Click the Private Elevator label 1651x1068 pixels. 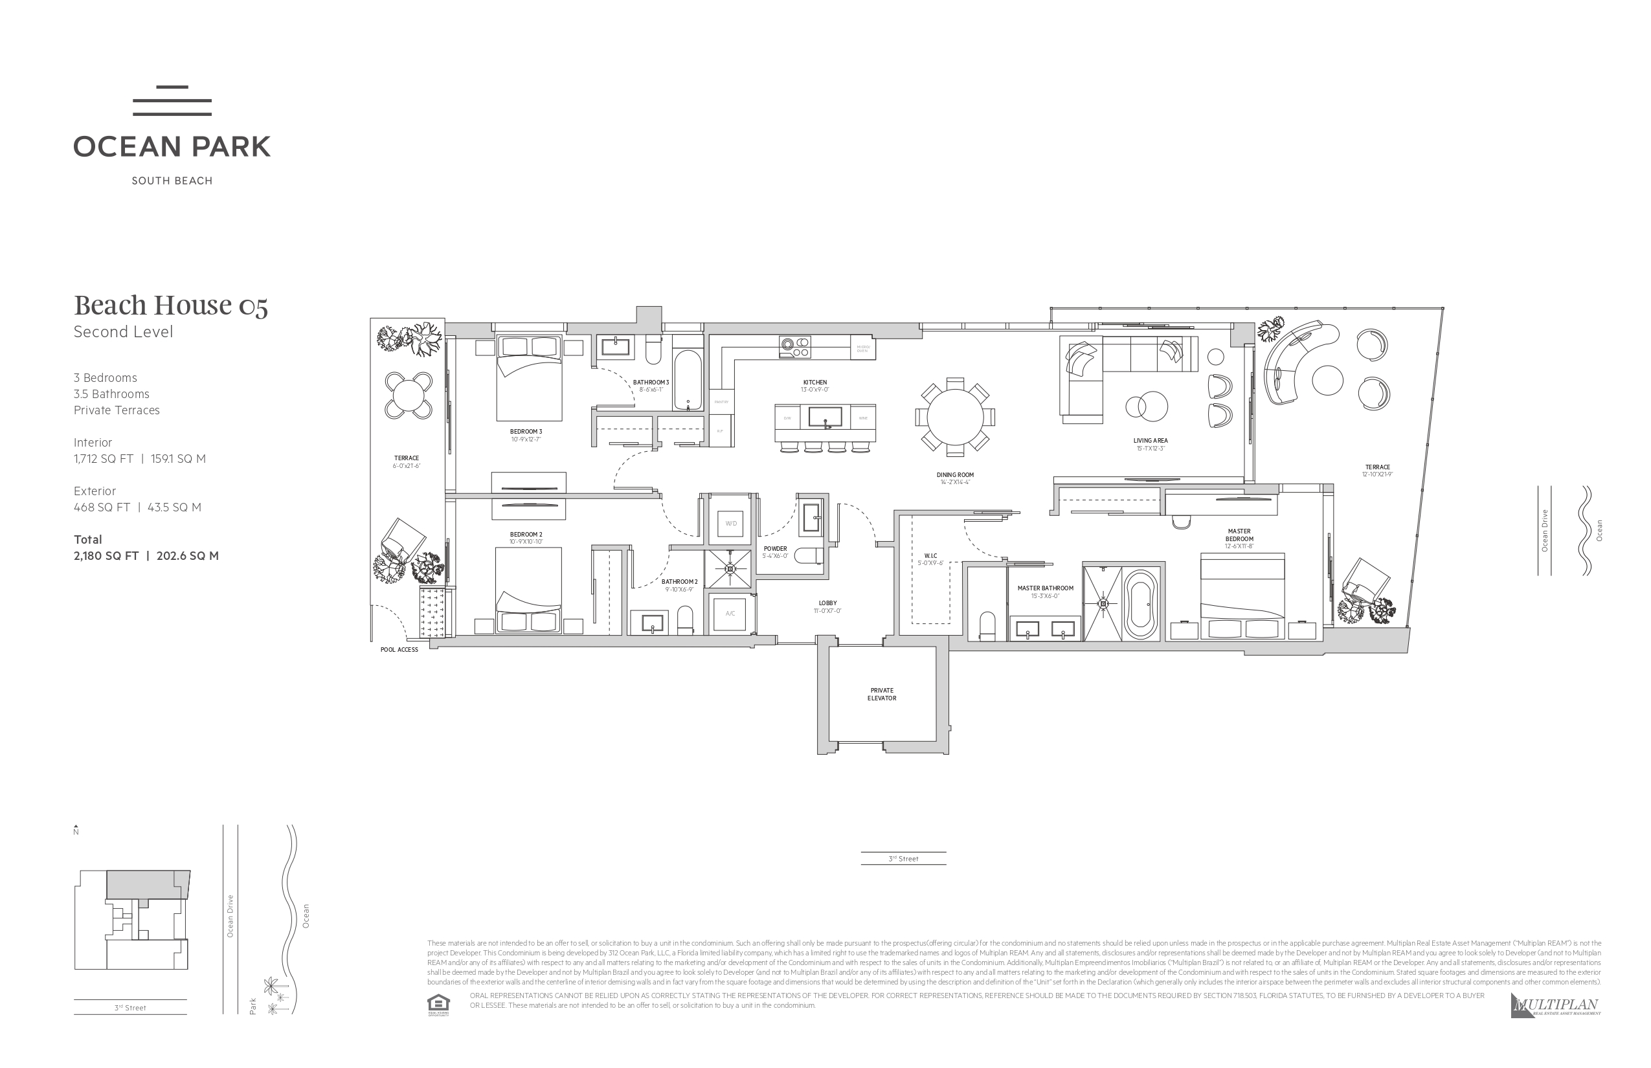click(x=882, y=694)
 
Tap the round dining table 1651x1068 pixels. click(x=954, y=417)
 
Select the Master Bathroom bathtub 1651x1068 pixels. click(x=1140, y=604)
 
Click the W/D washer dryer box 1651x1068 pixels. click(x=730, y=523)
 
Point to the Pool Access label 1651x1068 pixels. click(x=399, y=650)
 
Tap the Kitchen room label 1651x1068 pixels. click(x=815, y=382)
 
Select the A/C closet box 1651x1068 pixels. click(x=730, y=613)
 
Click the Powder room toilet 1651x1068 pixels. click(x=809, y=556)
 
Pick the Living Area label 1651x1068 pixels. click(x=1150, y=440)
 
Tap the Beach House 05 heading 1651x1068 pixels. click(x=171, y=305)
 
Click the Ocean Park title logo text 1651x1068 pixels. click(x=172, y=146)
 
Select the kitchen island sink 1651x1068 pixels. click(x=825, y=417)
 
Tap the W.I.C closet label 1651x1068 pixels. click(x=931, y=555)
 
